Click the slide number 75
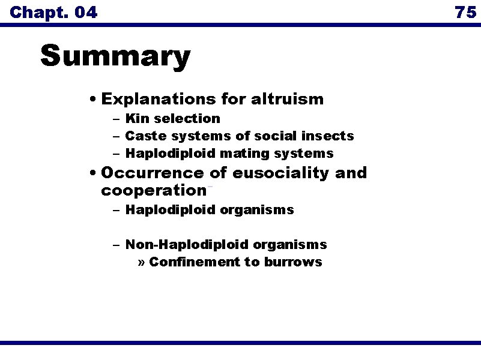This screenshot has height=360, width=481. [x=465, y=11]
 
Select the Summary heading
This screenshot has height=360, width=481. [x=115, y=57]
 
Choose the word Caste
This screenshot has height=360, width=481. [x=144, y=136]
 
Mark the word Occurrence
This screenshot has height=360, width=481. [x=153, y=173]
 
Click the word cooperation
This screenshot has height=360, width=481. [x=153, y=191]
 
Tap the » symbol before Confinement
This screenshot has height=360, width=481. [x=142, y=262]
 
